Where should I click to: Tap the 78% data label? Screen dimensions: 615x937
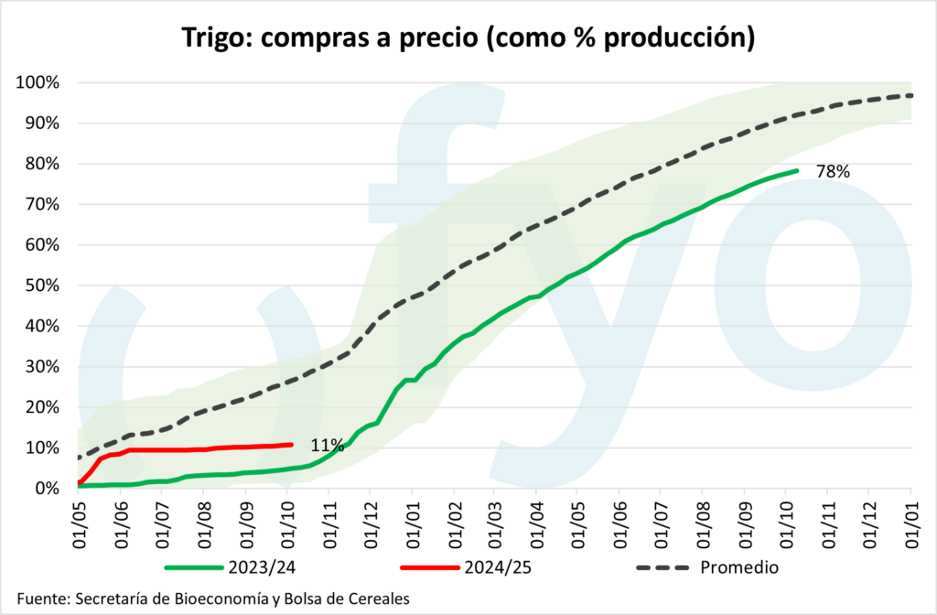pyautogui.click(x=834, y=170)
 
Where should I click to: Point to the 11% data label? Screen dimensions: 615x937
pyautogui.click(x=327, y=446)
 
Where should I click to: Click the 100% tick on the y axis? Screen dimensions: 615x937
pyautogui.click(x=38, y=82)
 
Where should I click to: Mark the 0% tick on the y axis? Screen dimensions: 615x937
pyautogui.click(x=48, y=488)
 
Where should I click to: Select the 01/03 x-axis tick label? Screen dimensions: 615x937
pyautogui.click(x=494, y=520)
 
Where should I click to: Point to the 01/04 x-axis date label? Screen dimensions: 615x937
pyautogui.click(x=536, y=520)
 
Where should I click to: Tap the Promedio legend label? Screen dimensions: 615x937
pyautogui.click(x=739, y=567)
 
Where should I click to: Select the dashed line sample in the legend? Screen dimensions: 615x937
pyautogui.click(x=662, y=567)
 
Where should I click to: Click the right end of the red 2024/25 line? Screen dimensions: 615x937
pyautogui.click(x=291, y=445)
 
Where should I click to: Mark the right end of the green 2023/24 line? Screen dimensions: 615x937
pyautogui.click(x=797, y=170)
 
